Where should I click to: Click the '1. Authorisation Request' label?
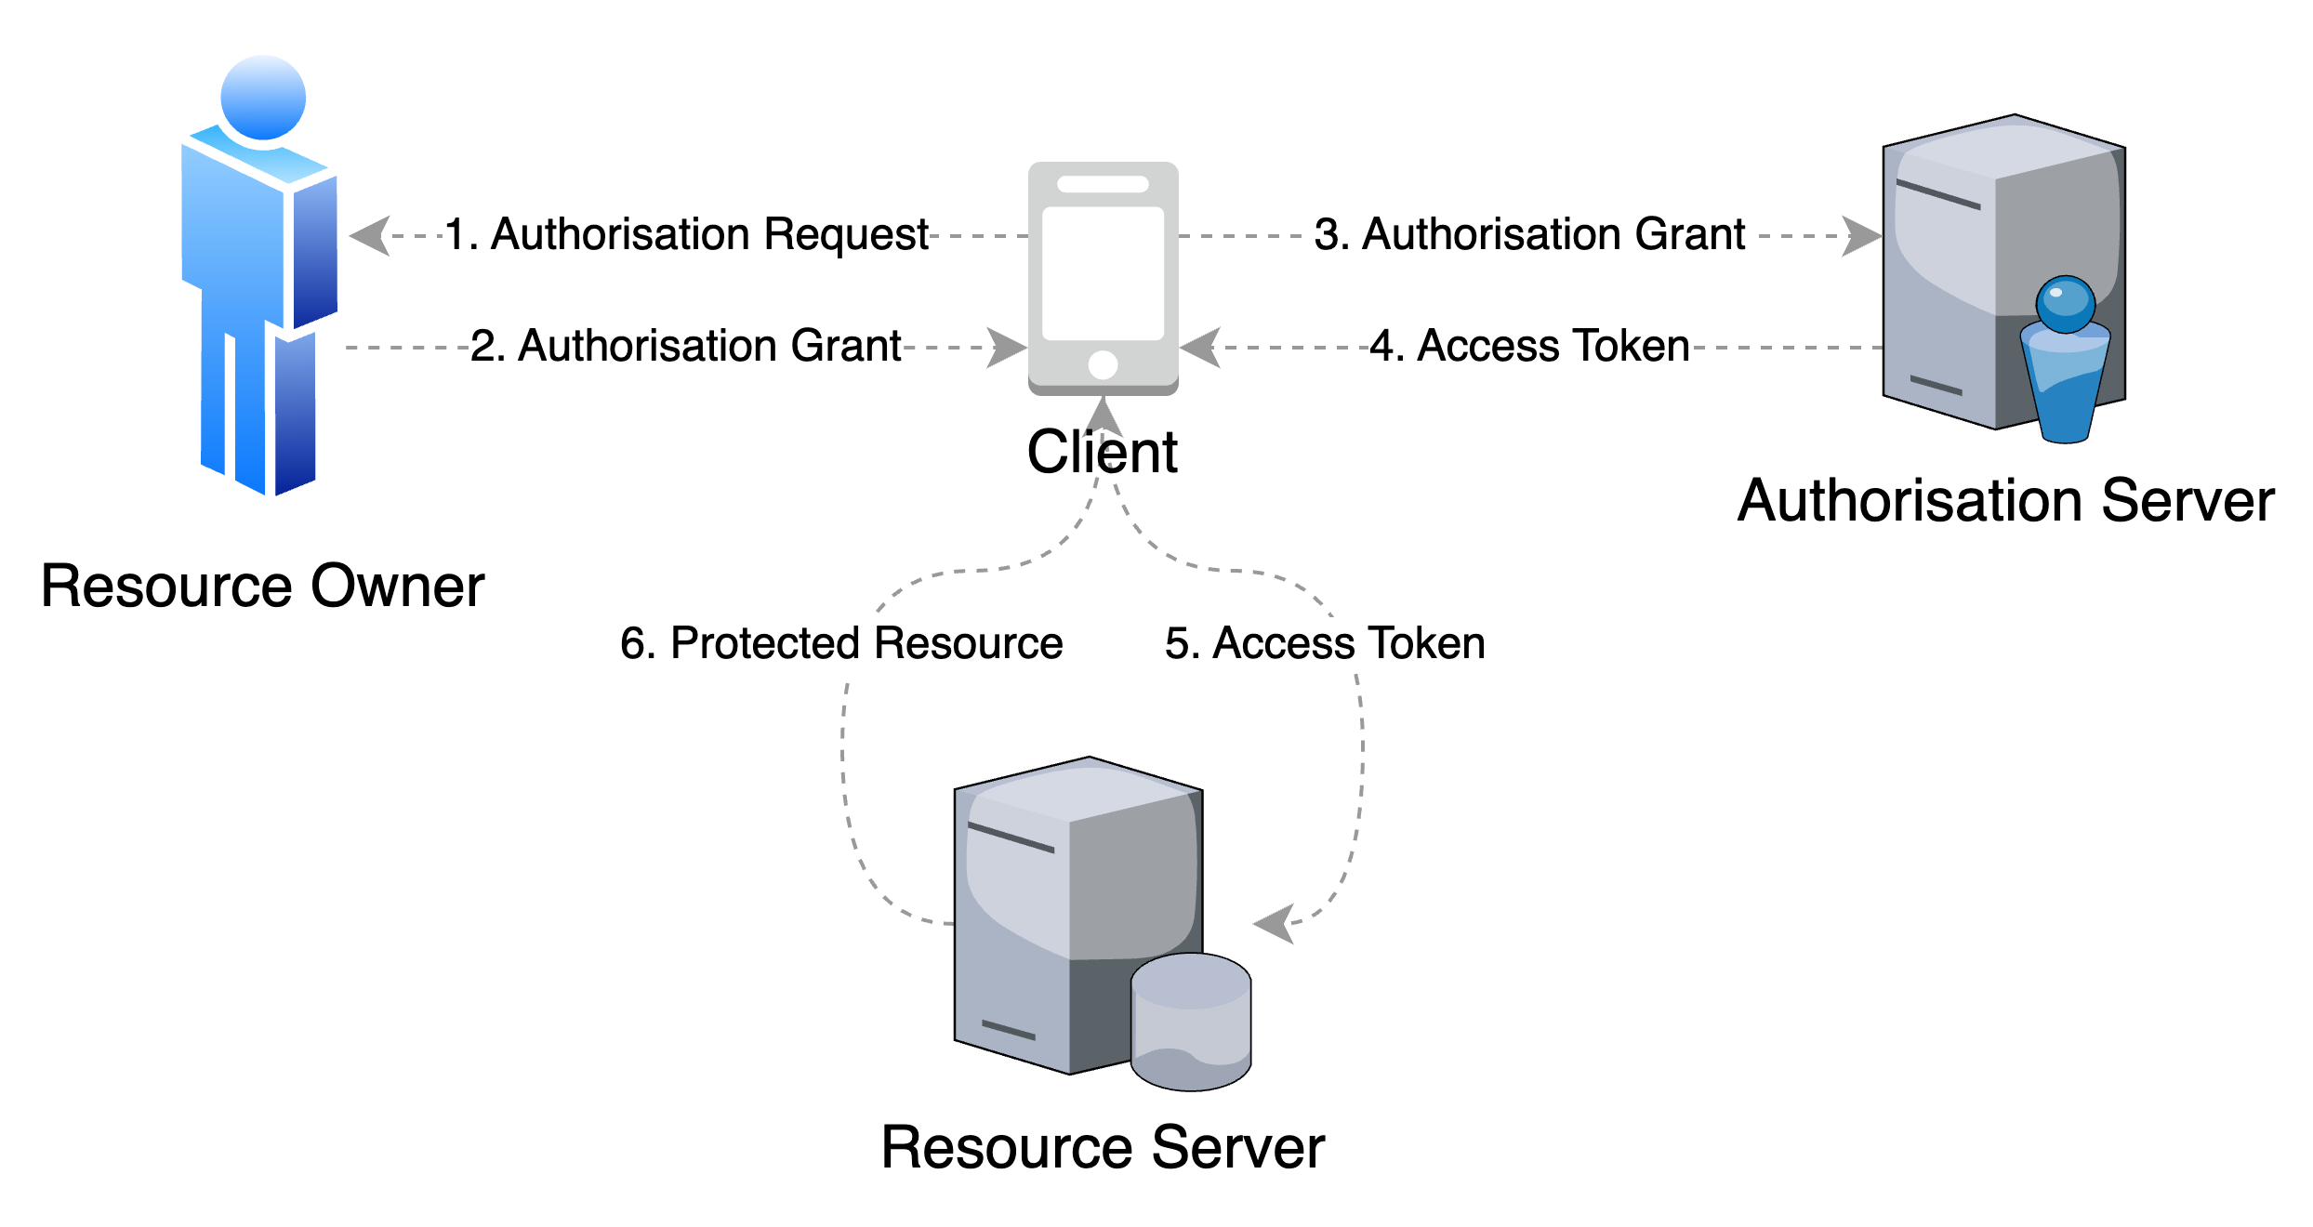pyautogui.click(x=685, y=235)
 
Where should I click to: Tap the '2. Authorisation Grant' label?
pyautogui.click(x=685, y=347)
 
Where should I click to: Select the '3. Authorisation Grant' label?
pyautogui.click(x=1529, y=235)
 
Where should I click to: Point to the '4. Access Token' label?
pyautogui.click(x=1529, y=347)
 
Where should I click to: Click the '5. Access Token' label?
pyautogui.click(x=1325, y=644)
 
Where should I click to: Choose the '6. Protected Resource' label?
pyautogui.click(x=841, y=644)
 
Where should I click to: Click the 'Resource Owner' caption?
pyautogui.click(x=261, y=588)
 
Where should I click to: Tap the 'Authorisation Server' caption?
pyautogui.click(x=2005, y=503)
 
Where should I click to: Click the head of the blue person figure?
pyautogui.click(x=263, y=96)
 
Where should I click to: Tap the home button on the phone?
pyautogui.click(x=1103, y=364)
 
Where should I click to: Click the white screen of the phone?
pyautogui.click(x=1103, y=273)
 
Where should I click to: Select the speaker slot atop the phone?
pyautogui.click(x=1103, y=184)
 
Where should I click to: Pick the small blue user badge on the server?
pyautogui.click(x=2065, y=358)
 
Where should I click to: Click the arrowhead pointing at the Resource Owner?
pyautogui.click(x=370, y=236)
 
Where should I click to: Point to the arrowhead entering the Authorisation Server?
pyautogui.click(x=1862, y=236)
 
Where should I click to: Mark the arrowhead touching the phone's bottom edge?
pyautogui.click(x=1103, y=417)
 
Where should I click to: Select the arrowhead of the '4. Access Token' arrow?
pyautogui.click(x=1200, y=348)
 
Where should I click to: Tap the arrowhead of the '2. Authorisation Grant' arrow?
pyautogui.click(x=1007, y=348)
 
